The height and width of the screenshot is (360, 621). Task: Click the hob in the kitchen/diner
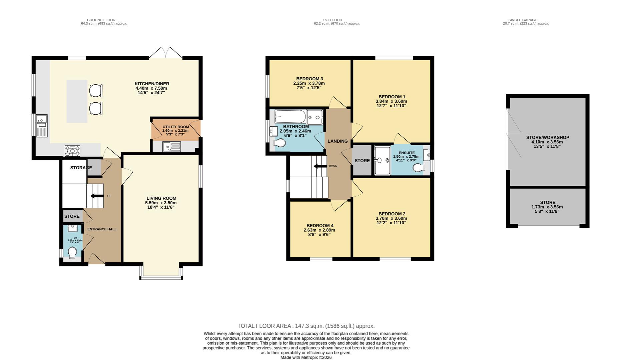click(72, 151)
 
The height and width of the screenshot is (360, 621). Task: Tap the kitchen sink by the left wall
click(42, 126)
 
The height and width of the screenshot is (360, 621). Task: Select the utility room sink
click(171, 146)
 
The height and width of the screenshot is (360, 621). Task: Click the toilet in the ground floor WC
click(72, 253)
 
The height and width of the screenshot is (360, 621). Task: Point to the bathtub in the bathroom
click(290, 117)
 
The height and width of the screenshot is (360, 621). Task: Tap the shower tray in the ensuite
click(382, 160)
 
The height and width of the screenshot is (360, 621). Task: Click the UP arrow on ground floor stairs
click(97, 196)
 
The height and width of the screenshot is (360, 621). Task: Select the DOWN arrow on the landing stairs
click(319, 166)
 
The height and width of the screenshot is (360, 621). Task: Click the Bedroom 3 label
click(309, 79)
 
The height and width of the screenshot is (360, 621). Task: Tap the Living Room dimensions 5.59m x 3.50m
click(161, 203)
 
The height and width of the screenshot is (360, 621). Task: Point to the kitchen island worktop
click(77, 101)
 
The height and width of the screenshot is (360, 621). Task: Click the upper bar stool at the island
click(95, 90)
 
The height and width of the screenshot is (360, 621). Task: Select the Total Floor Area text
click(306, 326)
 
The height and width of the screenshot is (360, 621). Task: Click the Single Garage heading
click(523, 20)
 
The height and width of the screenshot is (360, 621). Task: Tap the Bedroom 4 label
click(320, 225)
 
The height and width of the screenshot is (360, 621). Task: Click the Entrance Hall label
click(102, 229)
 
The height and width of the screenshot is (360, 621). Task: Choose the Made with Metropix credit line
click(306, 357)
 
